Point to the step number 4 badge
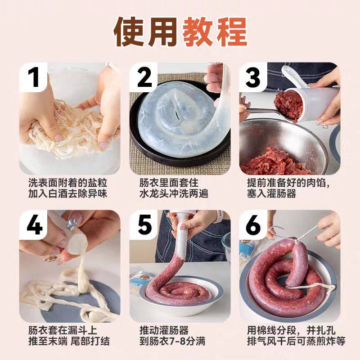coord(33,225)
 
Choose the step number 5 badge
coord(144,225)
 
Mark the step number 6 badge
coord(253,225)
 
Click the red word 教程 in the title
coord(215,31)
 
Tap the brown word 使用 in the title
coord(145,31)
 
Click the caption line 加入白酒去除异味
coord(68,193)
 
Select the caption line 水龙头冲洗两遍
coord(174,193)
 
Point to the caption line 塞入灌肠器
coord(271,193)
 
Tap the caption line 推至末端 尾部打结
coord(69,341)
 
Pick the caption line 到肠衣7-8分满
coord(172,341)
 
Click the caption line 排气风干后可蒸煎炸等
coord(296,341)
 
